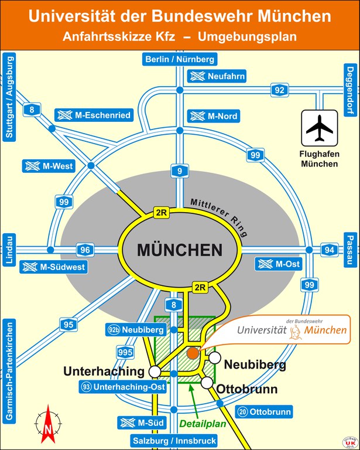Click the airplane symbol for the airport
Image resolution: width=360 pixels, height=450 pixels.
coord(319,128)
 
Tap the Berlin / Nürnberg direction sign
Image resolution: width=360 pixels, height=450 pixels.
coord(180,59)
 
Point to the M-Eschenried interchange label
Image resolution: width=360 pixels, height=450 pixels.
coord(93,115)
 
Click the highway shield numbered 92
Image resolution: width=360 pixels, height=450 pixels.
coord(280,90)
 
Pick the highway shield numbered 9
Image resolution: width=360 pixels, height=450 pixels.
coord(180,171)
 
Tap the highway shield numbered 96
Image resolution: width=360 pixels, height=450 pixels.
coord(85,250)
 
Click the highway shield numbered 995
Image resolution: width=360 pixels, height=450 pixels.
coord(125,352)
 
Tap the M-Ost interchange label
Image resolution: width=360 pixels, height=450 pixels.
coord(279,264)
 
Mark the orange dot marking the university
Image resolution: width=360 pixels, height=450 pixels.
coord(193,353)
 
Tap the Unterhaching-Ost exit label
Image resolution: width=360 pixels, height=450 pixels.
coord(124,387)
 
